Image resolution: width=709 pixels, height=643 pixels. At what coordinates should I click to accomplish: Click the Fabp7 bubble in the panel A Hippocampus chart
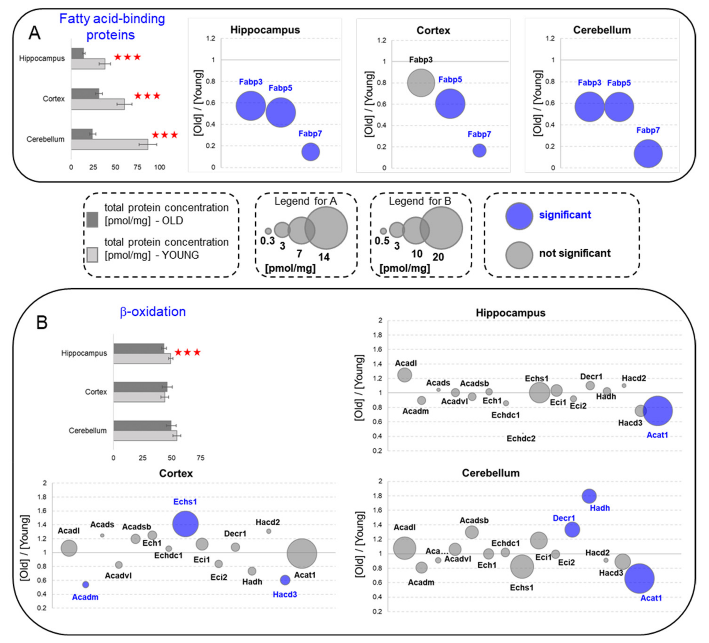(310, 152)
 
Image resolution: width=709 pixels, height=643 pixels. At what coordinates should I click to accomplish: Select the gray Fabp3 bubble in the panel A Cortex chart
(421, 83)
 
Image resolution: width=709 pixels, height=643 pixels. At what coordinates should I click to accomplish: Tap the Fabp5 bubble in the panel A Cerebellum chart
(618, 107)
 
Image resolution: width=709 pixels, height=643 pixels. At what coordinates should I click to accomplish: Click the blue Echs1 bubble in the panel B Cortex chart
(185, 524)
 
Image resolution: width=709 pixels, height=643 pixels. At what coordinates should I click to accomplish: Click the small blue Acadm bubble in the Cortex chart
(85, 585)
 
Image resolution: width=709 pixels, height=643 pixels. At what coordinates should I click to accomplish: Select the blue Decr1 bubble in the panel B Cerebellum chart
(572, 529)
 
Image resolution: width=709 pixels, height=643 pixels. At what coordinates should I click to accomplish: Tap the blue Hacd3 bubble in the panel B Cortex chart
(285, 580)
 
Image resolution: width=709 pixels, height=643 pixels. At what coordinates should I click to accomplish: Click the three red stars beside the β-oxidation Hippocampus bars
(188, 352)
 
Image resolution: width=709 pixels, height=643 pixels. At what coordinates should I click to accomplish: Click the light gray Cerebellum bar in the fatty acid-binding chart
(109, 144)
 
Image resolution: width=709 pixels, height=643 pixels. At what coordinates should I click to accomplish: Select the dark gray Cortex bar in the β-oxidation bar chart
(140, 387)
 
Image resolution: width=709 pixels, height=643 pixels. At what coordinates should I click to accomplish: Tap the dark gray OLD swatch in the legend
(92, 220)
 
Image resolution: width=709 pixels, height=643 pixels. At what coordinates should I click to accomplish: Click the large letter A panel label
(34, 33)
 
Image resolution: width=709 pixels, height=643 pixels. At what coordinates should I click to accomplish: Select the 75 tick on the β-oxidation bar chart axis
(200, 458)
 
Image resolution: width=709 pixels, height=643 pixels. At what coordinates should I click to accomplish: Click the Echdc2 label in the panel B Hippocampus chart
(521, 439)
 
